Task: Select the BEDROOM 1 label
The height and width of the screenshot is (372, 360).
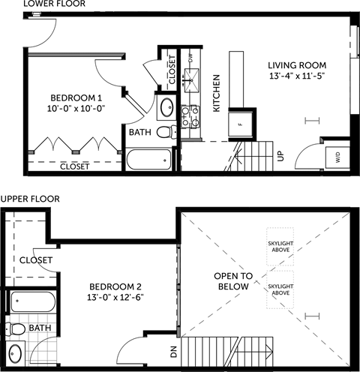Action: pyautogui.click(x=76, y=98)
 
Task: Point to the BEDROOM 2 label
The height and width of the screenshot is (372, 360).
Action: pyautogui.click(x=115, y=287)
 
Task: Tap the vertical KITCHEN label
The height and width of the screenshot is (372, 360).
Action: pyautogui.click(x=216, y=94)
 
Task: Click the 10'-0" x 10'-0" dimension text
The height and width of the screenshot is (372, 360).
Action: pyautogui.click(x=76, y=109)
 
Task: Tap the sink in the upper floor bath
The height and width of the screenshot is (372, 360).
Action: pyautogui.click(x=16, y=355)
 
